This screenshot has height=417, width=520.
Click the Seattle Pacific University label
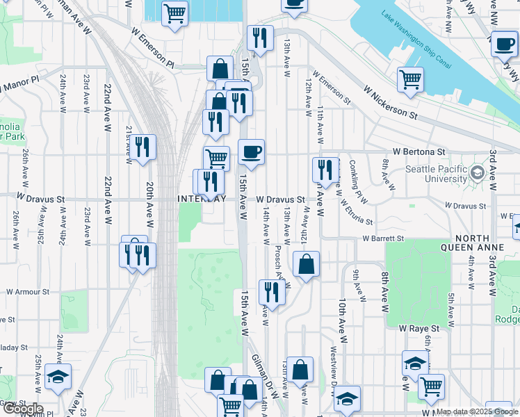[x=436, y=174]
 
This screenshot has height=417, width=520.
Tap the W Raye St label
[x=419, y=327]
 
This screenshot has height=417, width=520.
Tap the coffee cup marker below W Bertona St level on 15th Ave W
[x=251, y=152]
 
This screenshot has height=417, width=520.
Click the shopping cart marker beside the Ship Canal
[x=411, y=79]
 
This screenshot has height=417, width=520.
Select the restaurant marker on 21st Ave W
[x=144, y=147]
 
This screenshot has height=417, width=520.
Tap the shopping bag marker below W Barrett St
[x=306, y=264]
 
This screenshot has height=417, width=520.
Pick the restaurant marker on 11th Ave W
[x=325, y=169]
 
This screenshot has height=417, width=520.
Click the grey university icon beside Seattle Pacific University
[x=477, y=172]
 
